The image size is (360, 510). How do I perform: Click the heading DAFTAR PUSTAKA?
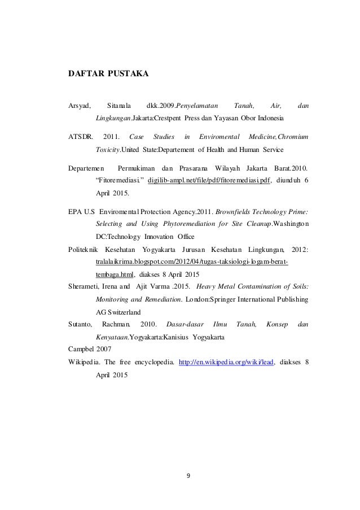click(109, 73)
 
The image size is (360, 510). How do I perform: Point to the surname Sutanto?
click(80, 324)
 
